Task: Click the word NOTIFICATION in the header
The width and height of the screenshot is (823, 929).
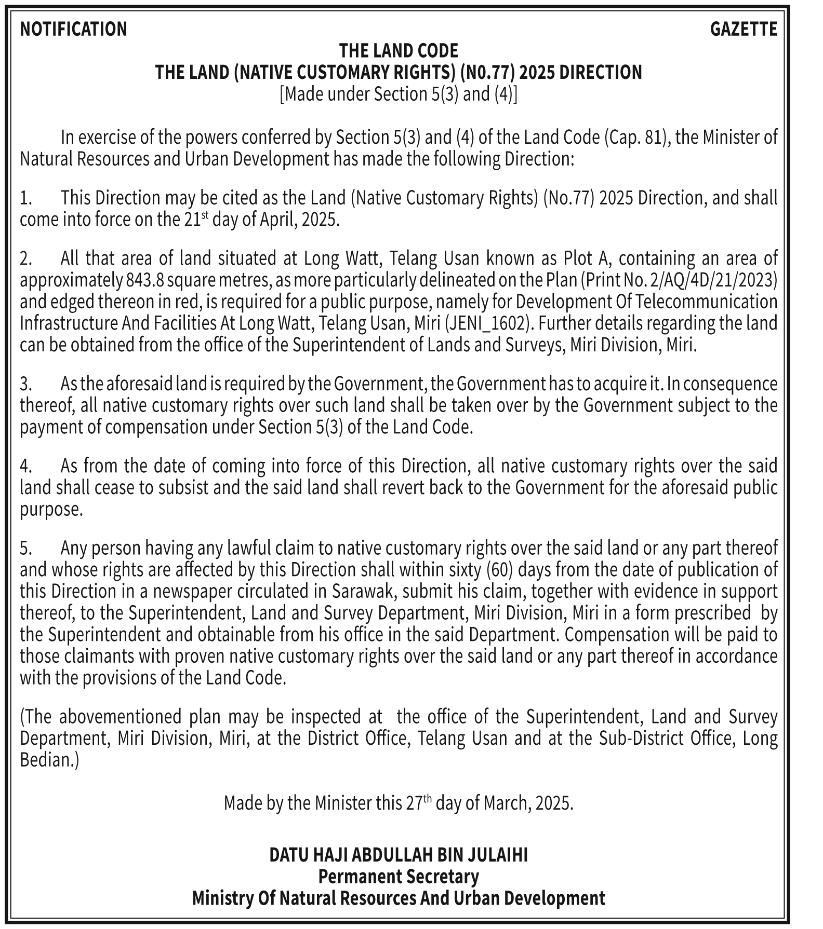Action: point(73,29)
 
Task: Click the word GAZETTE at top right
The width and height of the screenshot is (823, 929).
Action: point(744,29)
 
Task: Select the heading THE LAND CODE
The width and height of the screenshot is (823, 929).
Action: point(399,51)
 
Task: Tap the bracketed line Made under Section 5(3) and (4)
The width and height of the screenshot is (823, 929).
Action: point(399,94)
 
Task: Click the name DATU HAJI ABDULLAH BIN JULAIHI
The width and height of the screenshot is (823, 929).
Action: point(399,855)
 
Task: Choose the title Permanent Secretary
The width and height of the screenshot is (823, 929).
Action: point(399,877)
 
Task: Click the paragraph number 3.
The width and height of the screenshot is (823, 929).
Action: point(25,385)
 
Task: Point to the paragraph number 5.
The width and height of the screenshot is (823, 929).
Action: point(25,548)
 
